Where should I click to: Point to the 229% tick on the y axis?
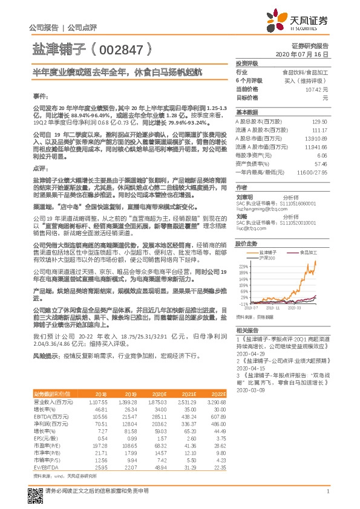243,266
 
